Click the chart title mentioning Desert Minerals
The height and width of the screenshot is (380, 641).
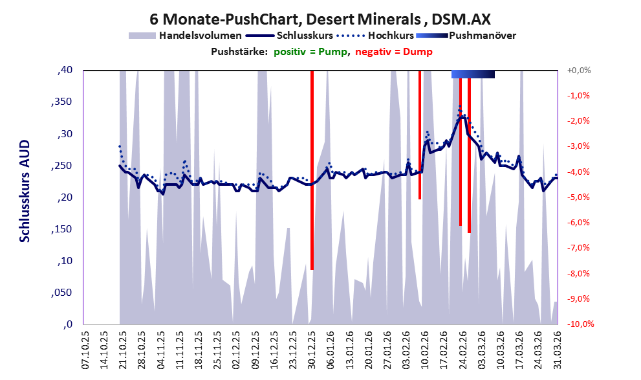320,19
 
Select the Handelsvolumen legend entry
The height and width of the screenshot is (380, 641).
185,36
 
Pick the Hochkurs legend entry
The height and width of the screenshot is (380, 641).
375,36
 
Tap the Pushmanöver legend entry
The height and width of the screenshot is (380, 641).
466,36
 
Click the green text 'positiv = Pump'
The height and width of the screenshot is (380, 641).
310,52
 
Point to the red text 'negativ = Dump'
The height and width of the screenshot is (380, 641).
394,52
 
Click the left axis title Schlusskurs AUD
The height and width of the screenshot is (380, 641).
25,191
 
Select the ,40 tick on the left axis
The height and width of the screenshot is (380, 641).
65,70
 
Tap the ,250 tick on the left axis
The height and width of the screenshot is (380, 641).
61,166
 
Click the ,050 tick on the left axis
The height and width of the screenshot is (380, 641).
61,293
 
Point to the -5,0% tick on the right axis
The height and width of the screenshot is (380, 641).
578,197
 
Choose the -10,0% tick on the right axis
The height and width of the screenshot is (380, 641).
580,324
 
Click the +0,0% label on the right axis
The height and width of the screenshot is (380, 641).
579,71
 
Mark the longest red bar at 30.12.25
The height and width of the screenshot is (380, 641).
312,170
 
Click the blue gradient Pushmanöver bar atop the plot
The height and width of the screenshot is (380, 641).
473,74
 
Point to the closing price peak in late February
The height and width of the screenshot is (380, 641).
462,117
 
